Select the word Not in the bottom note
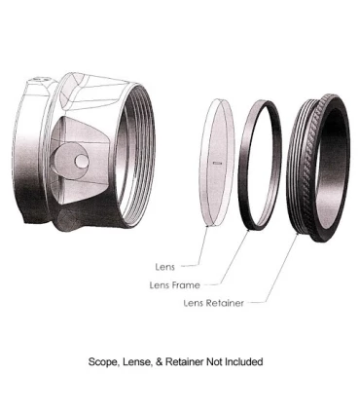click(x=207, y=361)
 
